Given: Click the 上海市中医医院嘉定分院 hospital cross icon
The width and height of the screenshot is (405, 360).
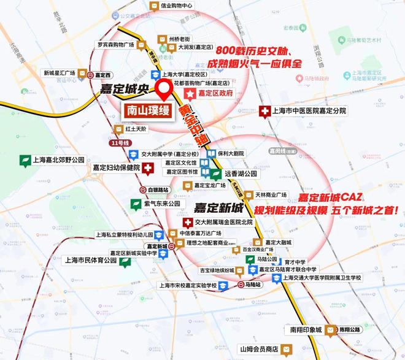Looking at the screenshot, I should (x=265, y=111).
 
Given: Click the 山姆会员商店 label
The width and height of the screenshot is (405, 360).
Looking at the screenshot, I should (x=252, y=348).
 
